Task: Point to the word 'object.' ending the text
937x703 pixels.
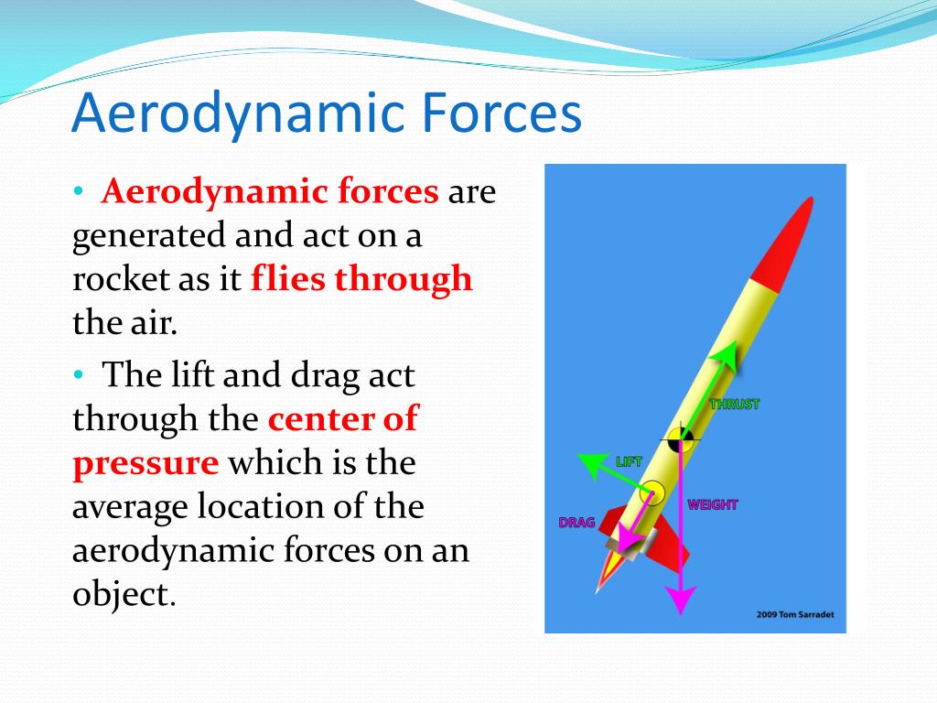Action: [124, 593]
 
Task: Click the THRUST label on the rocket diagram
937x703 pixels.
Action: [735, 405]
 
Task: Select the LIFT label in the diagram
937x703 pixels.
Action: [629, 461]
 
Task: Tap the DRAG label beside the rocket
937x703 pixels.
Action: [576, 523]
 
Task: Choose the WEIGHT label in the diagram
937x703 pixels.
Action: [712, 504]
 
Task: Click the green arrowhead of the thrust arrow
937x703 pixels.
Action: [725, 356]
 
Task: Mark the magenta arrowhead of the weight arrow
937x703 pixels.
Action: [681, 599]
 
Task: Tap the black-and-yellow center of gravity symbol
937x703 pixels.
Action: [680, 440]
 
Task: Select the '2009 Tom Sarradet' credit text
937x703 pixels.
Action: [795, 614]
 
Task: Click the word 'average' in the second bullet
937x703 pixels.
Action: [129, 507]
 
